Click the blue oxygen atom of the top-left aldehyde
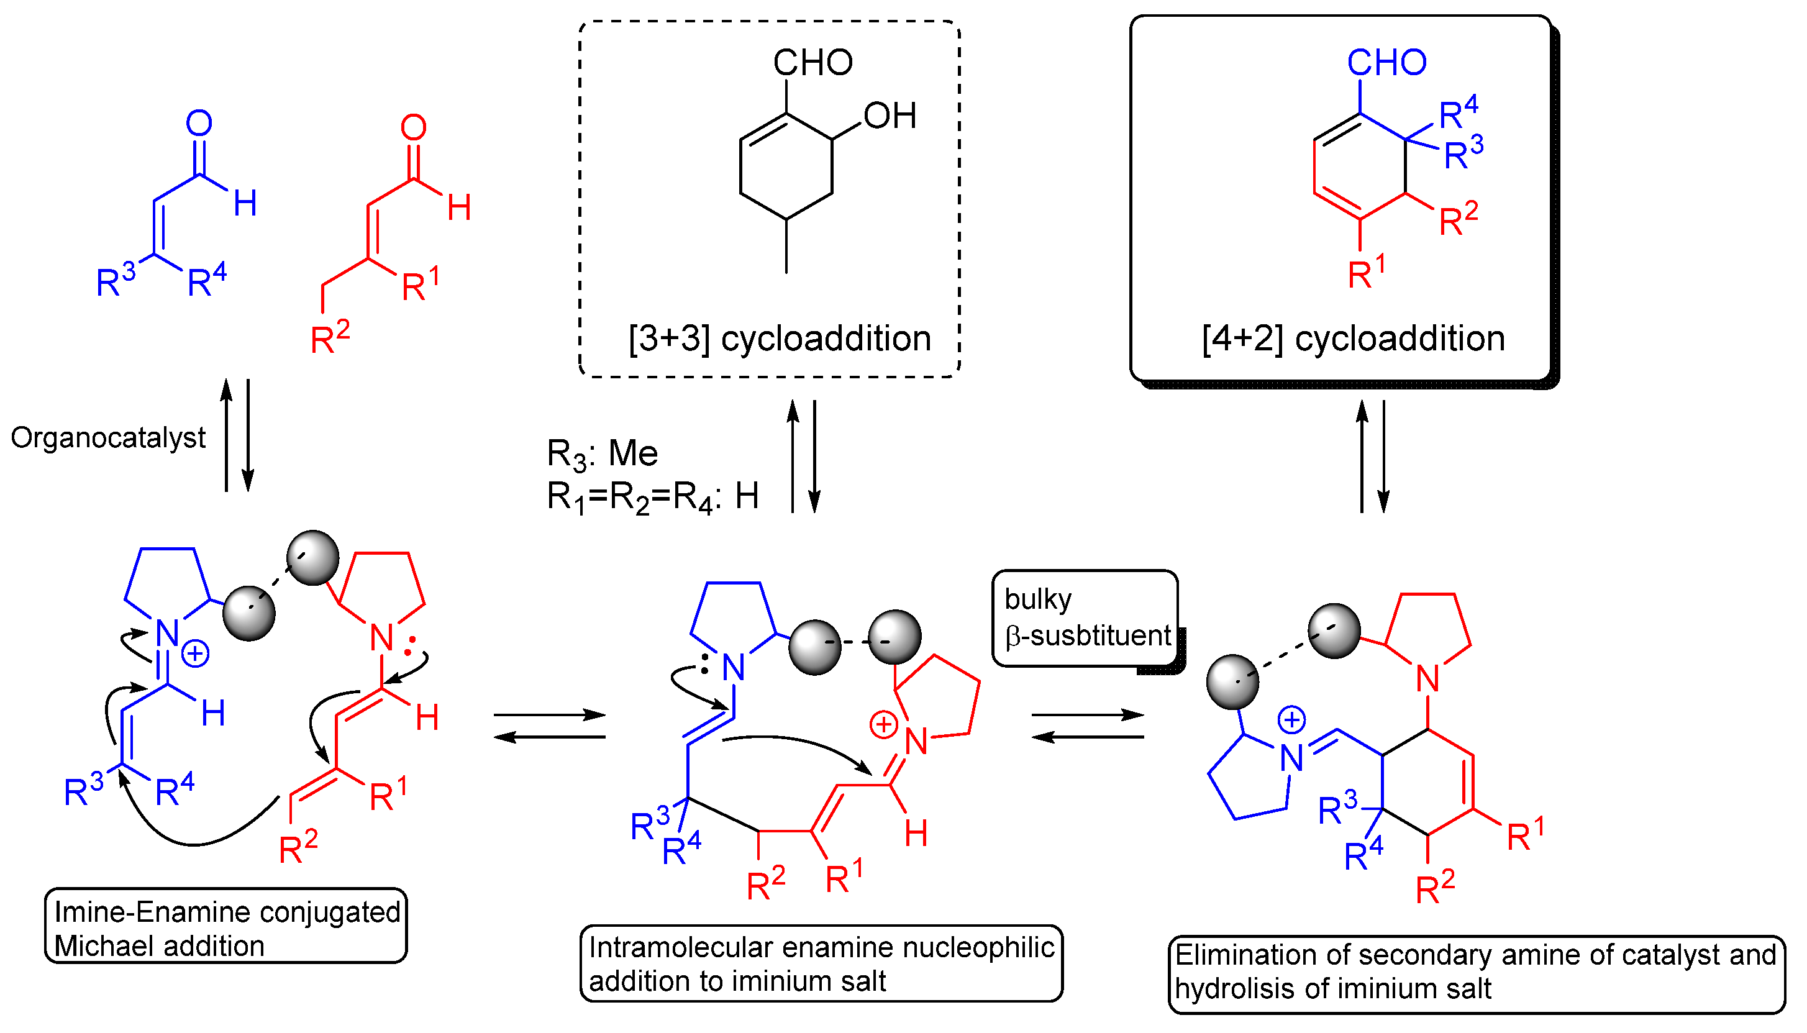click(x=199, y=124)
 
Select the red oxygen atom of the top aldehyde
click(x=414, y=128)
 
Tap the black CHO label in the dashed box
click(x=813, y=63)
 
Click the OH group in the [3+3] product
click(x=890, y=116)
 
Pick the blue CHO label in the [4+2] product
click(x=1387, y=63)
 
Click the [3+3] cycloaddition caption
click(x=780, y=339)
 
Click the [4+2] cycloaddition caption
click(x=1354, y=339)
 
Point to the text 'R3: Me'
click(x=603, y=454)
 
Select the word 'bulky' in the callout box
click(x=1038, y=599)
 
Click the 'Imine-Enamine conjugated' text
click(x=227, y=912)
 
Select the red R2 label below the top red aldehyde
click(x=330, y=338)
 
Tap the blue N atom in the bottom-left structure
click(x=168, y=634)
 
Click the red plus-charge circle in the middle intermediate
click(x=884, y=725)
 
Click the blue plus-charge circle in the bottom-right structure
click(x=1292, y=721)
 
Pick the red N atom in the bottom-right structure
click(x=1427, y=679)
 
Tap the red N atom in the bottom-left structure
click(x=381, y=638)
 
